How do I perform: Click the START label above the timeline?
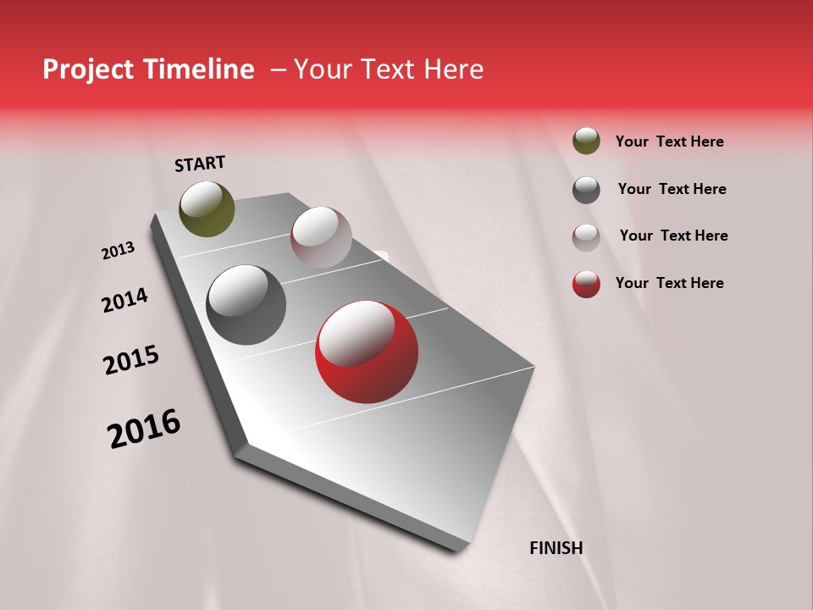pyautogui.click(x=200, y=164)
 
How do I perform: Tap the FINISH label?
pyautogui.click(x=556, y=548)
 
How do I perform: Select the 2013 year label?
pyautogui.click(x=118, y=251)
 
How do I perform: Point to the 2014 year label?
pyautogui.click(x=124, y=301)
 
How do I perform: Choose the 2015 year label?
pyautogui.click(x=131, y=360)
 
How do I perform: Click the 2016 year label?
pyautogui.click(x=144, y=429)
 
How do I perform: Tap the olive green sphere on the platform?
pyautogui.click(x=207, y=208)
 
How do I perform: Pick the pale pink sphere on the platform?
pyautogui.click(x=321, y=237)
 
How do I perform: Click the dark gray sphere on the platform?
pyautogui.click(x=246, y=305)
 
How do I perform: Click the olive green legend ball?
pyautogui.click(x=586, y=141)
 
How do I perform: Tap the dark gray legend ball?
pyautogui.click(x=586, y=190)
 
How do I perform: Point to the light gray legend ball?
pyautogui.click(x=586, y=237)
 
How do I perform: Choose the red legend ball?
pyautogui.click(x=586, y=284)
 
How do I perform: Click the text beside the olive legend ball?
pyautogui.click(x=669, y=141)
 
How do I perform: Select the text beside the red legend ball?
pyautogui.click(x=669, y=283)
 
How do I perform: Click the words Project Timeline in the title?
pyautogui.click(x=148, y=69)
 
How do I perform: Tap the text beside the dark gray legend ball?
pyautogui.click(x=672, y=189)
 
